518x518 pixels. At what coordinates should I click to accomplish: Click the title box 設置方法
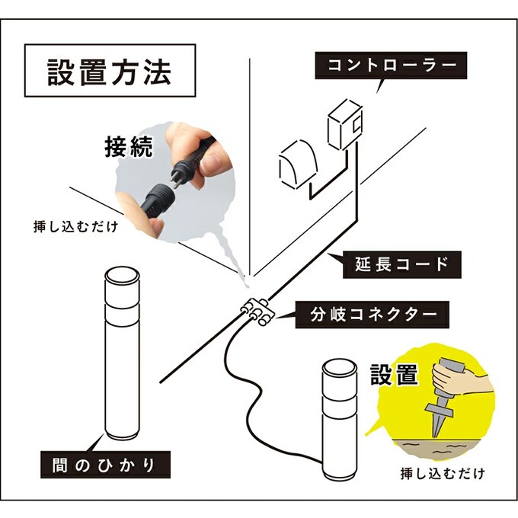[x=109, y=70]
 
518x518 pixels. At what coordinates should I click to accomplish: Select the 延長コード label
[x=398, y=265]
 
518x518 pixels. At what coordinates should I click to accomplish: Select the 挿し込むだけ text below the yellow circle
[x=442, y=473]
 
